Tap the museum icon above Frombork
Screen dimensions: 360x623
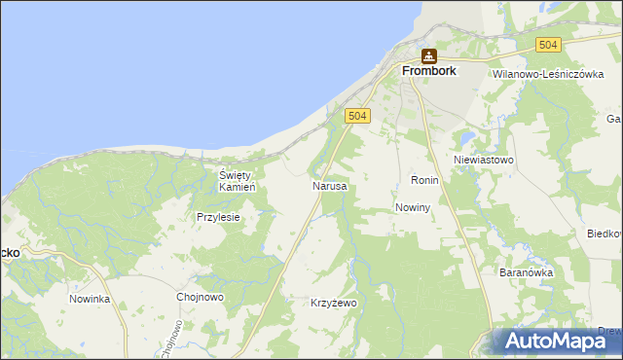point(428,55)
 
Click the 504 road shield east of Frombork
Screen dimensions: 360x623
point(549,45)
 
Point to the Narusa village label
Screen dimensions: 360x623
point(329,185)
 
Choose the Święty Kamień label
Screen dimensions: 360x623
point(237,180)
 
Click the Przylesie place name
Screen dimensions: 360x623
point(218,218)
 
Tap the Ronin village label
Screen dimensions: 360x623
point(425,181)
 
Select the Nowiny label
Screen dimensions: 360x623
point(414,208)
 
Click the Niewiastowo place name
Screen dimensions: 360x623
point(484,159)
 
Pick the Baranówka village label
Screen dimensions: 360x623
point(526,273)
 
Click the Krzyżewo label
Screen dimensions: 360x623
point(334,304)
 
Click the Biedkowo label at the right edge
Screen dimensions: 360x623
point(605,234)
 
